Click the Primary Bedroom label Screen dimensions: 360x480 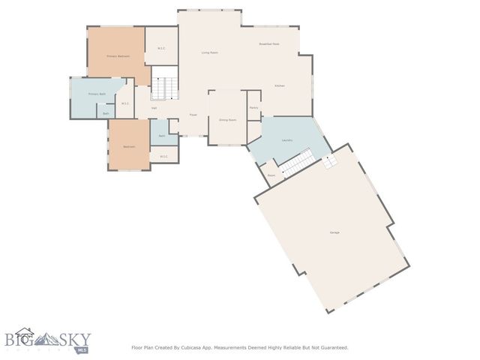tap(118, 56)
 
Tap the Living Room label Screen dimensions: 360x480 tap(209, 52)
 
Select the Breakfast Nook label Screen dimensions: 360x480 tap(269, 44)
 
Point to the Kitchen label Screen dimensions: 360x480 tap(279, 86)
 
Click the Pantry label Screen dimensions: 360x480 tap(253, 107)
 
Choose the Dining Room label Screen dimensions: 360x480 tap(227, 120)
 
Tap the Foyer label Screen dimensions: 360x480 tap(193, 115)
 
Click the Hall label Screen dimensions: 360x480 tap(154, 108)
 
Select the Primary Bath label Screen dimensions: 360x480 tap(97, 94)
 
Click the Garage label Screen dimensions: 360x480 tap(334, 232)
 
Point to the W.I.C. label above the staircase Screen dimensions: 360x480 tap(161, 49)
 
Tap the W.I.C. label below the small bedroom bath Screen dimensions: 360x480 tap(163, 156)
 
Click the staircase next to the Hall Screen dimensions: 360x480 tap(165, 88)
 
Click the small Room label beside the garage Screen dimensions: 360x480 tap(271, 175)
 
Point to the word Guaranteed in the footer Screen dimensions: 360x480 tap(331, 347)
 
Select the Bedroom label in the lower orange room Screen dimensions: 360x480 tap(129, 146)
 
